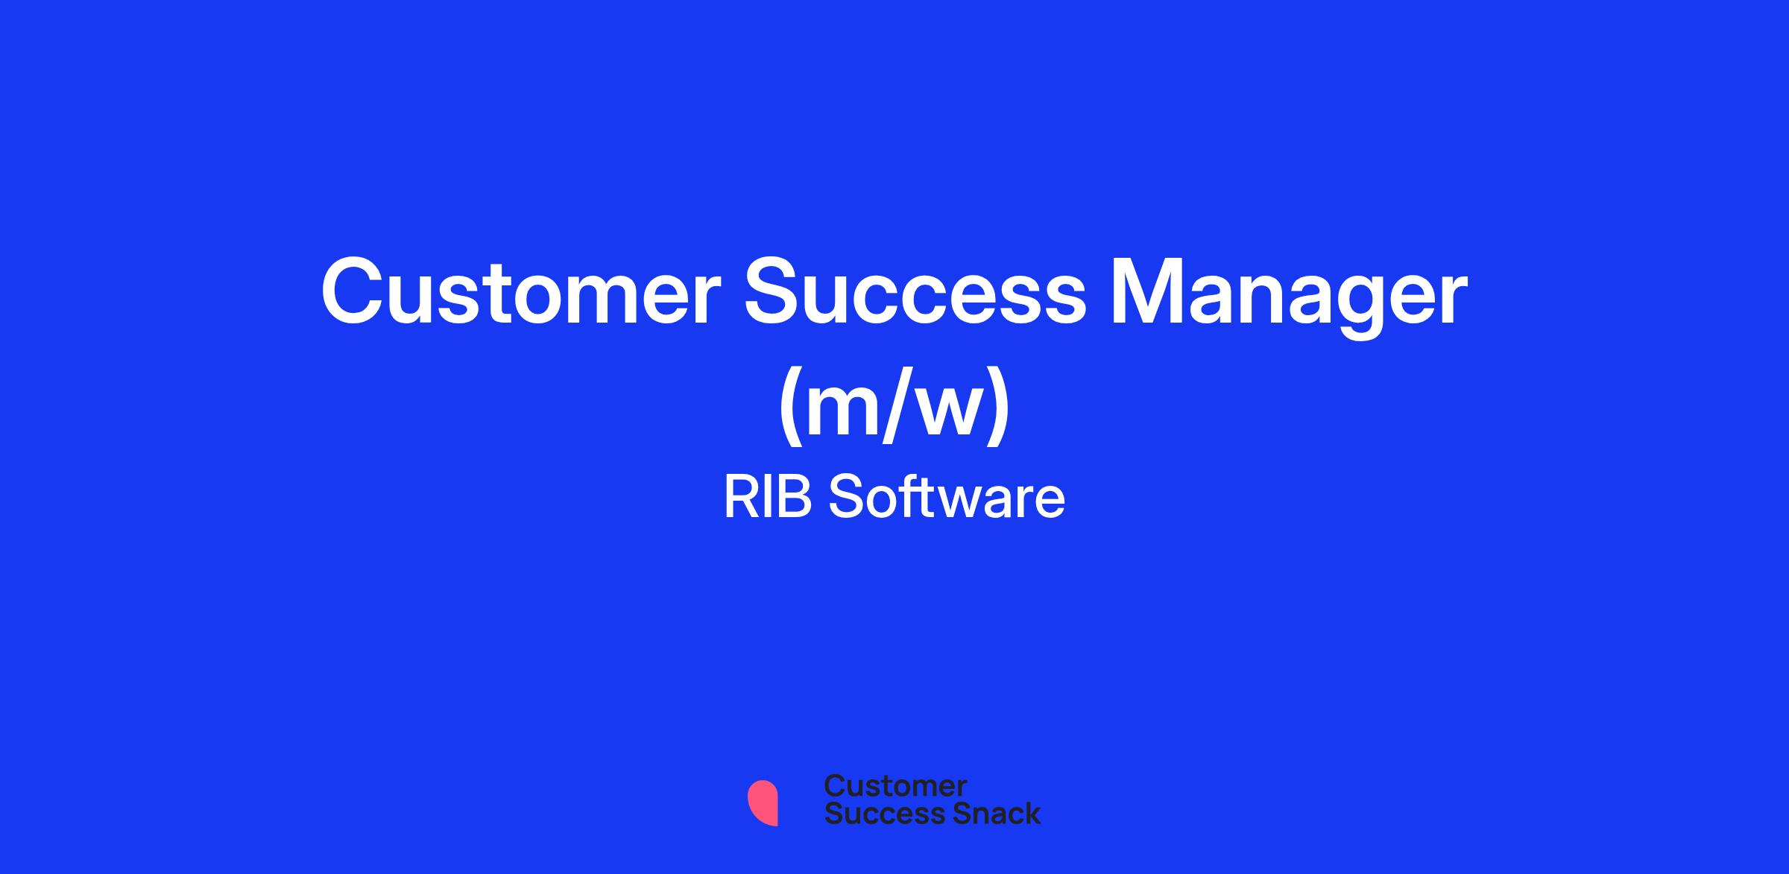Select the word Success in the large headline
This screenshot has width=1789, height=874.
coord(915,291)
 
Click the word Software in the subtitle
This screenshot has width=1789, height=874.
coord(947,498)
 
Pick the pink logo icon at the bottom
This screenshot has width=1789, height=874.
coord(763,802)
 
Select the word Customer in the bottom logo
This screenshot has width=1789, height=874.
coord(895,786)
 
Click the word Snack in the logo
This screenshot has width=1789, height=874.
coord(986,814)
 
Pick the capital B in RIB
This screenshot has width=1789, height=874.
coord(795,498)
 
